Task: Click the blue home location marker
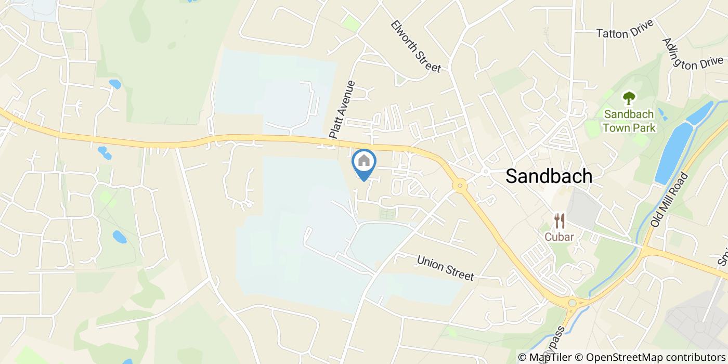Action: point(364,162)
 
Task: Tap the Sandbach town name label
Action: point(549,176)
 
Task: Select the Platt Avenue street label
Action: point(342,109)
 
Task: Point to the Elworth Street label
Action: point(416,46)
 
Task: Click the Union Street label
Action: point(445,268)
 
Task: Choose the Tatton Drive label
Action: point(625,33)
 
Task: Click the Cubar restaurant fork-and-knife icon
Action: point(560,221)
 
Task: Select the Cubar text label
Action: point(560,237)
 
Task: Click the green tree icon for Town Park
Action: point(629,98)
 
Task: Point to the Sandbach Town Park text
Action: point(629,120)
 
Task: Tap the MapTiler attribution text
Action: point(553,357)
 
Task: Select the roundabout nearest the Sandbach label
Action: point(460,185)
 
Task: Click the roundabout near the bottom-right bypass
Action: point(573,303)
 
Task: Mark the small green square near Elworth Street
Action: point(352,23)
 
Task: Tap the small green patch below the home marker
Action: point(386,214)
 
